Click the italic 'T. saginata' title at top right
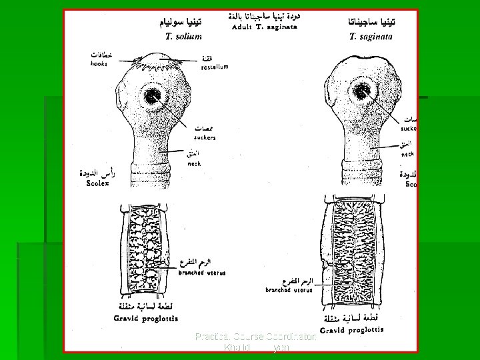point(371,37)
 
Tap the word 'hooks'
point(99,64)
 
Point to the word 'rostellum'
point(215,67)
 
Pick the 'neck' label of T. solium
point(194,163)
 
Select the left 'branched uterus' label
point(207,273)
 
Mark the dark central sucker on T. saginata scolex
point(362,92)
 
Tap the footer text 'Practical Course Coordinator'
point(256,337)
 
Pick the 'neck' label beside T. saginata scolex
point(407,153)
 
